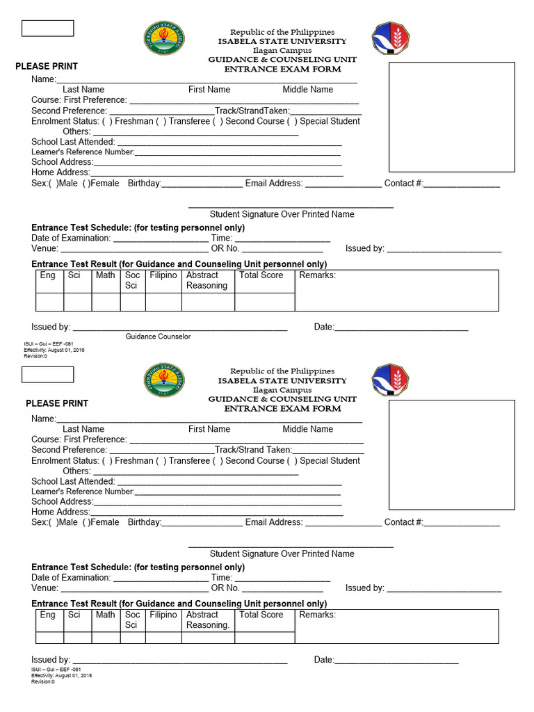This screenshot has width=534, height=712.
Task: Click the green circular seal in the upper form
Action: pyautogui.click(x=164, y=39)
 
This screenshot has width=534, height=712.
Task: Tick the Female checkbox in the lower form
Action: pyautogui.click(x=86, y=522)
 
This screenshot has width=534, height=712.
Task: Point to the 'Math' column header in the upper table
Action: pyautogui.click(x=106, y=275)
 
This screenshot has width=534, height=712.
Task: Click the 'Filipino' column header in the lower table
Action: pyautogui.click(x=163, y=615)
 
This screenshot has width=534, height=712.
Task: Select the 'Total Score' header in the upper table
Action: pyautogui.click(x=261, y=275)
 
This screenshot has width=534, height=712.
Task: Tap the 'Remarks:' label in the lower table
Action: pyautogui.click(x=317, y=615)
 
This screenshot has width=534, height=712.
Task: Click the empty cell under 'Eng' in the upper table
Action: pyautogui.click(x=49, y=302)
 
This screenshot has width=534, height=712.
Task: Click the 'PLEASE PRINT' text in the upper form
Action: pyautogui.click(x=47, y=66)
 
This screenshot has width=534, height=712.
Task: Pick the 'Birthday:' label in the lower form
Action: pyautogui.click(x=145, y=522)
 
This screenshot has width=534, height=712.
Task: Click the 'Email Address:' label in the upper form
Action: pyautogui.click(x=274, y=184)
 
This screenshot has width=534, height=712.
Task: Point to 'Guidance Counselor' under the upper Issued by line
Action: pyautogui.click(x=158, y=337)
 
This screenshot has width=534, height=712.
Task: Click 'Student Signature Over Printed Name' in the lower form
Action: pyautogui.click(x=282, y=554)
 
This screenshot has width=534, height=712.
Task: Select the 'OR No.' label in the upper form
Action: pyautogui.click(x=225, y=248)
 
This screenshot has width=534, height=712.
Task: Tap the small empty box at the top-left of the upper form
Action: pyautogui.click(x=47, y=29)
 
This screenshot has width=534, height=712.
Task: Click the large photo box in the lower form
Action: pyautogui.click(x=451, y=455)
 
